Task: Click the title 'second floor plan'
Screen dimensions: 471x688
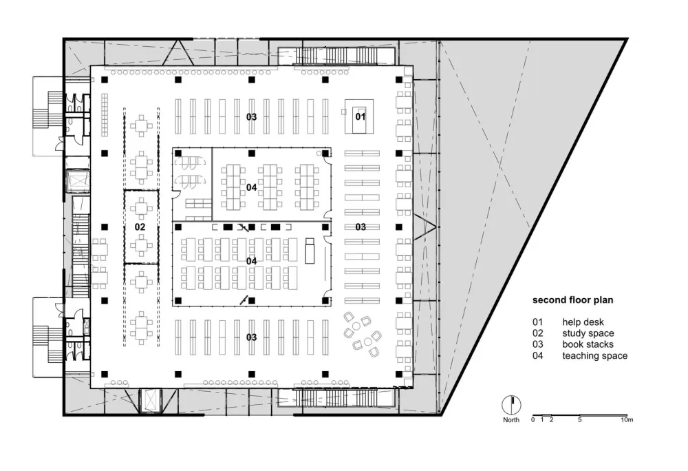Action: pyautogui.click(x=572, y=300)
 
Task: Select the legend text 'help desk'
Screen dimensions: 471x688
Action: pyautogui.click(x=583, y=322)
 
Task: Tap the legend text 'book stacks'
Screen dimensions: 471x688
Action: pyautogui.click(x=588, y=344)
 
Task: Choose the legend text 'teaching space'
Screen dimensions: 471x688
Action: pyautogui.click(x=594, y=356)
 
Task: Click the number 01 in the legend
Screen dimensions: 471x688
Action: pyautogui.click(x=538, y=322)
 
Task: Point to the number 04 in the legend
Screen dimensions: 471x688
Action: pyautogui.click(x=538, y=356)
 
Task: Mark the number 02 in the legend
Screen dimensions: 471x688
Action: pyautogui.click(x=538, y=333)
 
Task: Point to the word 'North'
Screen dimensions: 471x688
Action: pyautogui.click(x=510, y=419)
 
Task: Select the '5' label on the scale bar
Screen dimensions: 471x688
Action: pyautogui.click(x=580, y=419)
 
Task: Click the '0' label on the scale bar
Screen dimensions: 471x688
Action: pyautogui.click(x=533, y=419)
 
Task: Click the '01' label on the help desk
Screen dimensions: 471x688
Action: pyautogui.click(x=361, y=116)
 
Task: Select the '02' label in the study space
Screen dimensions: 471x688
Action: pyautogui.click(x=140, y=227)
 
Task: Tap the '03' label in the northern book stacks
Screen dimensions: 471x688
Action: pyautogui.click(x=252, y=117)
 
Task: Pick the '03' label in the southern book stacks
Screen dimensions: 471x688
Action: pyautogui.click(x=252, y=337)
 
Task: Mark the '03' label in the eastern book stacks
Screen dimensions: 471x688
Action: pyautogui.click(x=361, y=227)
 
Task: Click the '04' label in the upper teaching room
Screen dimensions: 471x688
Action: pyautogui.click(x=252, y=187)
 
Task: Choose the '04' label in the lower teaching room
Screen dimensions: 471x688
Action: pyautogui.click(x=252, y=261)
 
